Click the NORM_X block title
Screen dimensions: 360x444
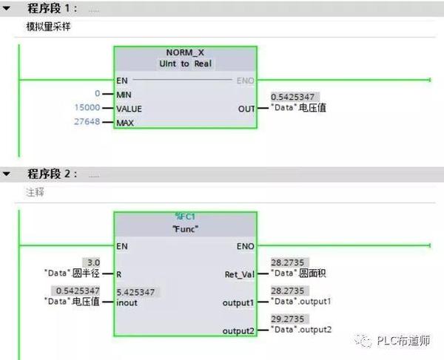(x=185, y=54)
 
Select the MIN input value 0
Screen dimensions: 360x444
(x=96, y=94)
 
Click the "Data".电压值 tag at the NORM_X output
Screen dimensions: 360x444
(x=300, y=108)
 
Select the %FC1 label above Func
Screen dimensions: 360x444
(x=184, y=216)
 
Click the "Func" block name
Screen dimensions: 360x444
(x=184, y=228)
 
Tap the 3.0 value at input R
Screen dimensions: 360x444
(x=94, y=262)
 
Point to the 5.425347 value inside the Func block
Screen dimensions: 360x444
(x=138, y=292)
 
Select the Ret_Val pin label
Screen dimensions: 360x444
(x=239, y=274)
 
